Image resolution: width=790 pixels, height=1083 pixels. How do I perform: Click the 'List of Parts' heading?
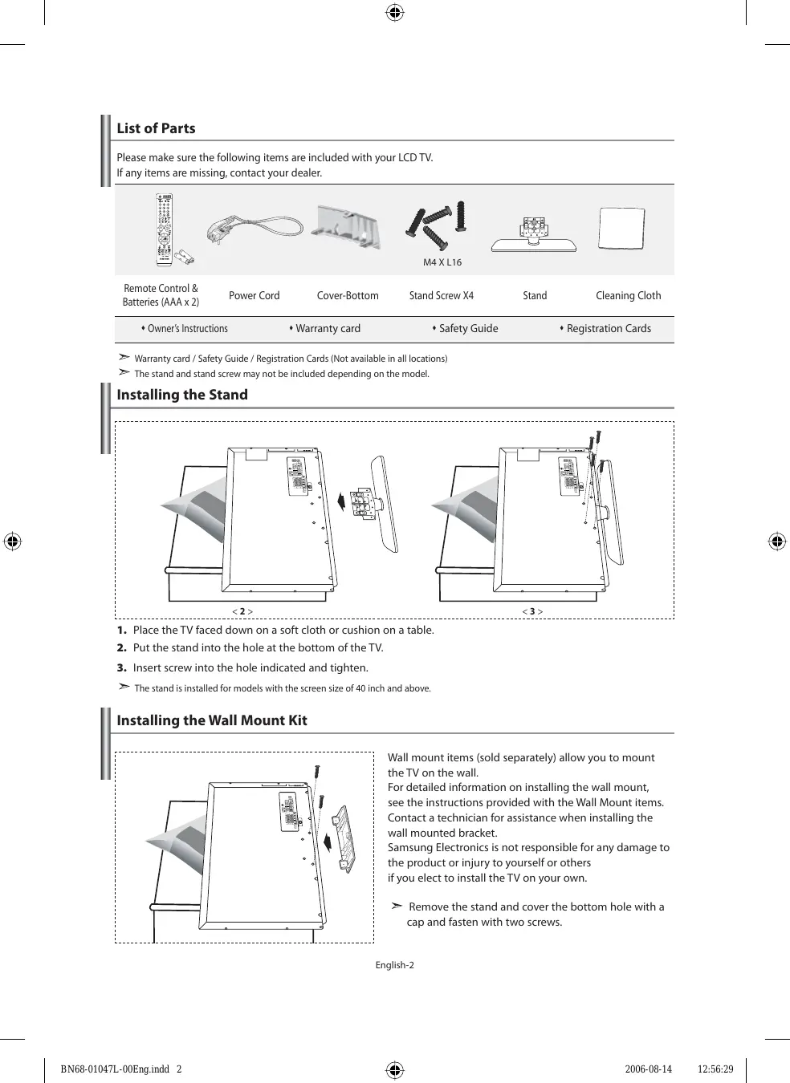[x=156, y=128]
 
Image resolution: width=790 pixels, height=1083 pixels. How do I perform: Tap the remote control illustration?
[x=164, y=228]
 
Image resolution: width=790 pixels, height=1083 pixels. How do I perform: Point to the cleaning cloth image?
[x=622, y=229]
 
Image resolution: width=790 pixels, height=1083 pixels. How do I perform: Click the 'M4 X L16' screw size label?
[x=442, y=262]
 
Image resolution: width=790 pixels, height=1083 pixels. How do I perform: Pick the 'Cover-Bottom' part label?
[x=348, y=295]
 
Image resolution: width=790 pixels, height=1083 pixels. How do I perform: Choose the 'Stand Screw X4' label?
[x=441, y=295]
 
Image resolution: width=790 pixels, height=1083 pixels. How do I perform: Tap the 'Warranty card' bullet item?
[x=325, y=328]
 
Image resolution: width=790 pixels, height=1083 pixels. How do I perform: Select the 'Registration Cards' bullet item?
[x=606, y=328]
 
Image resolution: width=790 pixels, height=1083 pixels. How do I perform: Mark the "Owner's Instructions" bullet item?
[x=185, y=328]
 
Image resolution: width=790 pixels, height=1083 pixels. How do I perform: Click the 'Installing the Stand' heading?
[x=182, y=395]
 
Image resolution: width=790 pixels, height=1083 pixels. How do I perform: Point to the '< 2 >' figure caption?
[x=242, y=611]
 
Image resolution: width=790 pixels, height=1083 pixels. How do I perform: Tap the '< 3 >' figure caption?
[x=532, y=611]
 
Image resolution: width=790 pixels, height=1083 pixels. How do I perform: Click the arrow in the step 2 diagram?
[x=342, y=501]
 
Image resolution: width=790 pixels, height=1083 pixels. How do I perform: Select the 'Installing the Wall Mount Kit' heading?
[x=212, y=720]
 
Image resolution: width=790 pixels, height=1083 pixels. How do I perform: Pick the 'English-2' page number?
[x=394, y=965]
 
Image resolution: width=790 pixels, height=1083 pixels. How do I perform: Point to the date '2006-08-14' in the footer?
[x=648, y=1069]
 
